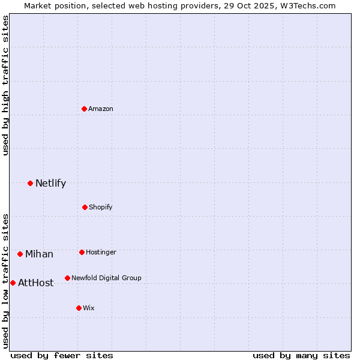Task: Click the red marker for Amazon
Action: click(84, 109)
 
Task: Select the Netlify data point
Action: click(30, 183)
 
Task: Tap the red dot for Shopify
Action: click(85, 207)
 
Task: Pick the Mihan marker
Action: click(20, 254)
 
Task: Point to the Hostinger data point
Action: click(82, 252)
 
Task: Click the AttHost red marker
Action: click(13, 283)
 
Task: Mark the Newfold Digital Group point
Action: click(67, 278)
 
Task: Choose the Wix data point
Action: click(79, 308)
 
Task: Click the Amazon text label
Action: click(101, 109)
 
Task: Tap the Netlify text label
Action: click(50, 183)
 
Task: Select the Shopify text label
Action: click(101, 207)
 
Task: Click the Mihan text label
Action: click(39, 254)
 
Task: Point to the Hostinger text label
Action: click(101, 252)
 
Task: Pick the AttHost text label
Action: click(35, 283)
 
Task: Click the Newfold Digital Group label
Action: click(106, 278)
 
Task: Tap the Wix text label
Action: click(89, 308)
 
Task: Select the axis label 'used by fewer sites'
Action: click(62, 355)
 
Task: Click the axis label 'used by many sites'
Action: click(301, 355)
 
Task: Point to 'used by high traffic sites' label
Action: click(5, 86)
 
